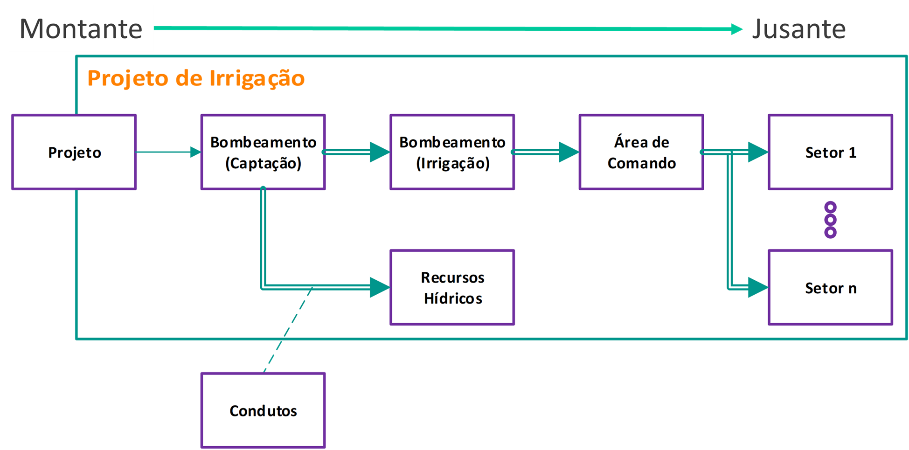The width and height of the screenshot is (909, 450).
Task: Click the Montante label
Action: [x=81, y=28]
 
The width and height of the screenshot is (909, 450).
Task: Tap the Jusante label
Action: [x=799, y=28]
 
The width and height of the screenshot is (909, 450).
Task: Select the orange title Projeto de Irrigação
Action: [x=196, y=78]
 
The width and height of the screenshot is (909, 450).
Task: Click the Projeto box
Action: [x=74, y=152]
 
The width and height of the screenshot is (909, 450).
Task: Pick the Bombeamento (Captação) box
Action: [x=263, y=152]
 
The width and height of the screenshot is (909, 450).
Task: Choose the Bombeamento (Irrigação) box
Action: [x=452, y=152]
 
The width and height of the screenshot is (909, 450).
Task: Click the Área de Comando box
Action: [x=641, y=152]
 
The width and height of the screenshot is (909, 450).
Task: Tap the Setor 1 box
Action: [x=830, y=152]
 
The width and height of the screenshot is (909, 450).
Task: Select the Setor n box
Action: [x=830, y=287]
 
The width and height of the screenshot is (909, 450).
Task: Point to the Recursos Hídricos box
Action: [x=452, y=287]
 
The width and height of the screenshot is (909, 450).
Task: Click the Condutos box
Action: [x=263, y=410]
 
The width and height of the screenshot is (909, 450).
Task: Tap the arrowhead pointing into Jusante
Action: [x=736, y=29]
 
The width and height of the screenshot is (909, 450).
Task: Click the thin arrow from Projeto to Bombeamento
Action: [x=168, y=152]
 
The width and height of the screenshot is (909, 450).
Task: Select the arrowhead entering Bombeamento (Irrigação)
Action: [x=380, y=152]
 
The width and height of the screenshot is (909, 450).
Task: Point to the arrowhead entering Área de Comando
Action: [x=569, y=152]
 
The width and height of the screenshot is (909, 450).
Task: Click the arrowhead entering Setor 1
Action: [x=757, y=152]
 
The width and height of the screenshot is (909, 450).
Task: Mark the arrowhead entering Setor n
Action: [x=757, y=287]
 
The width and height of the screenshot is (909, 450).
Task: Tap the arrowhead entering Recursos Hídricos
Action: [x=380, y=287]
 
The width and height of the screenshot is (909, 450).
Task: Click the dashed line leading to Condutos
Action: [x=287, y=331]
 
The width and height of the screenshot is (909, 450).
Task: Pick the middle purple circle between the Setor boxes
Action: [x=830, y=220]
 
